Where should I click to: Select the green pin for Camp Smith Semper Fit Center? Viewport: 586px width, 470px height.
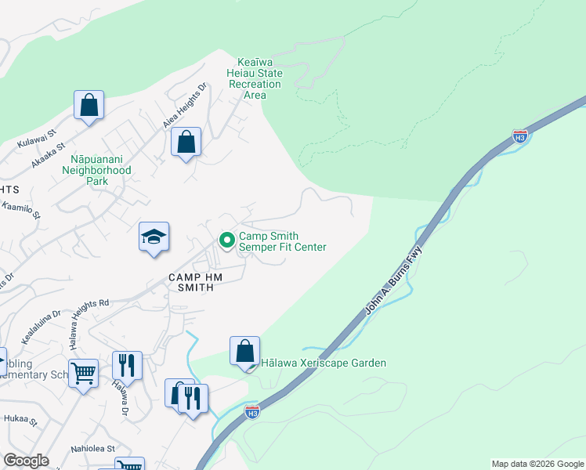point(227,240)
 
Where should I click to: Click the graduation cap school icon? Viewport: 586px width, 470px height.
point(154,237)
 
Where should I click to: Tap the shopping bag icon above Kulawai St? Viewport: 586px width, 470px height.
point(89,106)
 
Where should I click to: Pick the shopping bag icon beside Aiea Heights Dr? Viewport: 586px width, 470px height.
point(186,143)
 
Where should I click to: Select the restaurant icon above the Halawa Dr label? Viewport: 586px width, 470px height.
point(127,366)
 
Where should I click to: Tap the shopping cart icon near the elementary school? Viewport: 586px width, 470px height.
point(84,374)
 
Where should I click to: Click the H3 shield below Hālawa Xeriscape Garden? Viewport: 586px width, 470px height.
point(251,411)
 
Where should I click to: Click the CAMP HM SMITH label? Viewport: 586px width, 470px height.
point(190,283)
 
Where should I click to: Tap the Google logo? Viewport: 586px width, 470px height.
point(27,460)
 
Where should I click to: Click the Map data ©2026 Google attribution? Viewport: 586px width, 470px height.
point(537,464)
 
